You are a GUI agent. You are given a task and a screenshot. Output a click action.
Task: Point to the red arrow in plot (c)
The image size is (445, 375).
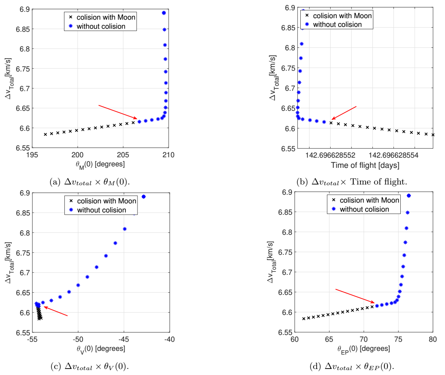[56, 311]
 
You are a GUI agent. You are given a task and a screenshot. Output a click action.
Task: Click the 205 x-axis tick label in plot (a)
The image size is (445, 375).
[123, 155]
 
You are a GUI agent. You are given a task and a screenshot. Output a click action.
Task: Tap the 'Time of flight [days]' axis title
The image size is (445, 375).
[365, 165]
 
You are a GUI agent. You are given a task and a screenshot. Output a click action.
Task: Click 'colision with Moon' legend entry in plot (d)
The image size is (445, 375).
[369, 200]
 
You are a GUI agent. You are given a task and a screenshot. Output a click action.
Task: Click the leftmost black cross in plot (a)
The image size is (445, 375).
[45, 134]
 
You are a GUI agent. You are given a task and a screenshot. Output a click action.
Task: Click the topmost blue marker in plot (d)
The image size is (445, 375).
[409, 195]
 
